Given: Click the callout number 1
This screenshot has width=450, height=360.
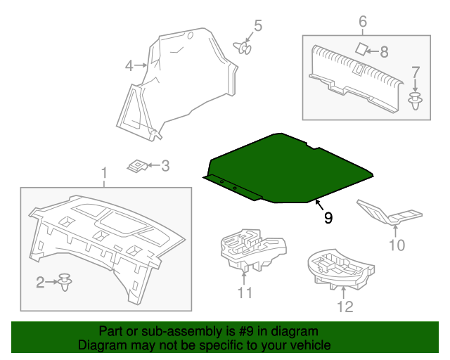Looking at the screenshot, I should (x=104, y=172).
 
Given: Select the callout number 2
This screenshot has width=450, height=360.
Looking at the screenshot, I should (x=41, y=282).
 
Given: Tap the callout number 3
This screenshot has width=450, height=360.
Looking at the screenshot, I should (x=165, y=166).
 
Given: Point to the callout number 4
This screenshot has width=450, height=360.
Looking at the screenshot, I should (x=129, y=66).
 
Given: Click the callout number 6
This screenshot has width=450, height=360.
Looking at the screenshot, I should (x=363, y=22).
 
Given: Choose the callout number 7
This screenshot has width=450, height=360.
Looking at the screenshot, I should (x=416, y=72).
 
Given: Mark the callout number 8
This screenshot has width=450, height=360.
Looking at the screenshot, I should (x=384, y=51).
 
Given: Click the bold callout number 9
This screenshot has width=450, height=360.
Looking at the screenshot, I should (x=328, y=218).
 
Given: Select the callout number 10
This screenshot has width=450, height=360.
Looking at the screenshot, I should (x=397, y=245).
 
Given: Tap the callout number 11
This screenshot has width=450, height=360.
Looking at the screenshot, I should (x=244, y=292).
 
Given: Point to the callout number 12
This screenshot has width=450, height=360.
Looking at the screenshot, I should (x=345, y=306).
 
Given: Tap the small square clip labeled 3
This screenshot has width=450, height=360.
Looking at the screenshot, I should (x=138, y=166).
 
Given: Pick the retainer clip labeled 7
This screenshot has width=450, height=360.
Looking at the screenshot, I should (x=416, y=101).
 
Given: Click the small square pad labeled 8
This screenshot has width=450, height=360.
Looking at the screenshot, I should (x=361, y=49).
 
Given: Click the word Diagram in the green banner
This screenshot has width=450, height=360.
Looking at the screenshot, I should (x=102, y=345).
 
